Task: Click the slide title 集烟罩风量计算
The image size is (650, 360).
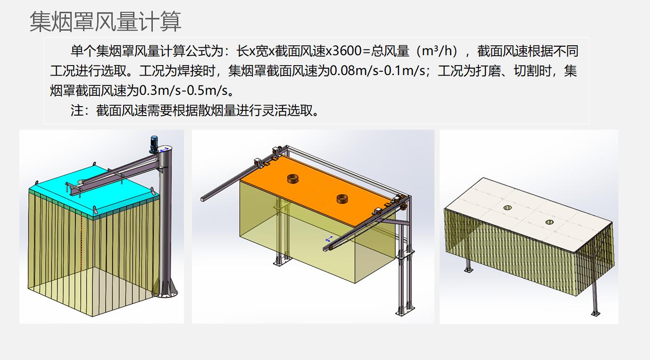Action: click(106, 22)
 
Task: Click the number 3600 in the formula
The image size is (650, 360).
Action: click(347, 51)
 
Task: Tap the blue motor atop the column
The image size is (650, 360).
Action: click(154, 143)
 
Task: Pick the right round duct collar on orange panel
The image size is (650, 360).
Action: click(344, 199)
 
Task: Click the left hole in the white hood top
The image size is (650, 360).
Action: click(508, 208)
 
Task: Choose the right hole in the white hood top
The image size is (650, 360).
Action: click(550, 222)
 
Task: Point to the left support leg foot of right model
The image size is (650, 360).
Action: click(468, 270)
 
